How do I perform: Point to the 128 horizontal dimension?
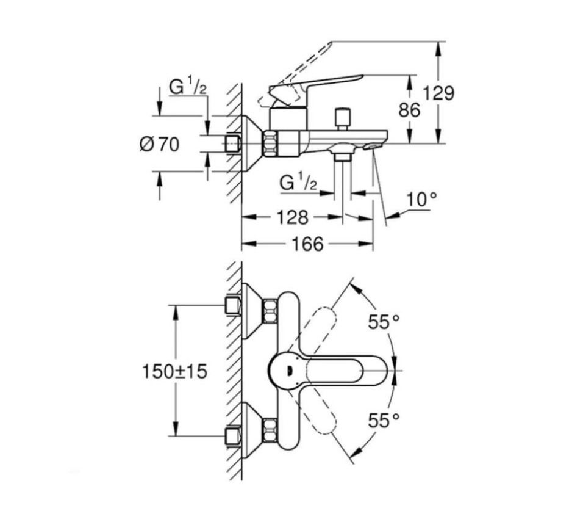[294, 217]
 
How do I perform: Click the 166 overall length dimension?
[307, 244]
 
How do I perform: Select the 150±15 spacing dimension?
[175, 371]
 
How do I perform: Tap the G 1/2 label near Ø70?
[188, 87]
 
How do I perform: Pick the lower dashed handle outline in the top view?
[323, 416]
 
